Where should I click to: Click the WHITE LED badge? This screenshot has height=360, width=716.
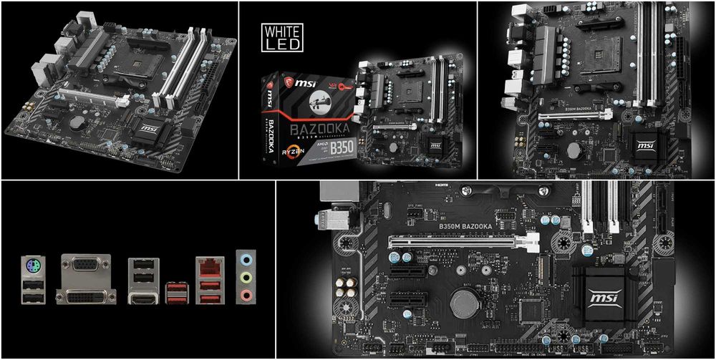pos(283,37)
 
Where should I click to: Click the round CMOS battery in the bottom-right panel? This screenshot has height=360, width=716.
pos(464,303)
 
